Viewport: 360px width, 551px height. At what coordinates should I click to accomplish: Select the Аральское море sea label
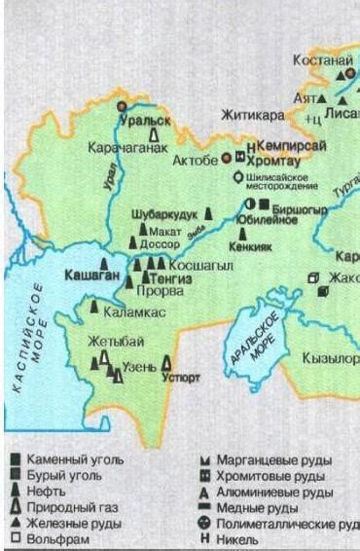tap(260, 336)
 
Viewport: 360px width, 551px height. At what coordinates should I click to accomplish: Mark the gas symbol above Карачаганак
tap(154, 137)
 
